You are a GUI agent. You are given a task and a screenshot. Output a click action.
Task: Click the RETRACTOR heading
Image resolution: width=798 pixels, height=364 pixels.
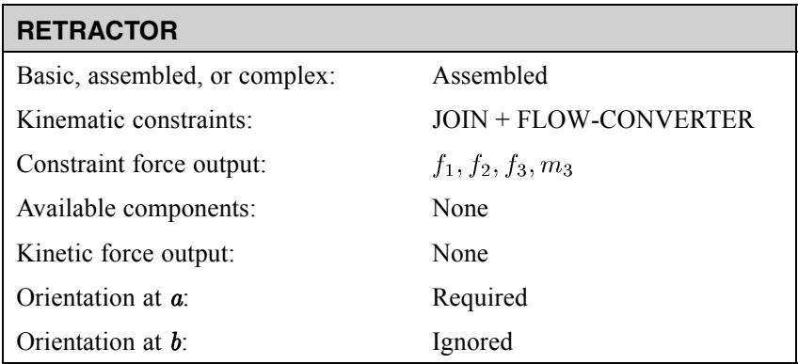coord(97,32)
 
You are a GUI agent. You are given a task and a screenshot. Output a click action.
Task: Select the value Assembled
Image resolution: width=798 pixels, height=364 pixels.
coord(489,76)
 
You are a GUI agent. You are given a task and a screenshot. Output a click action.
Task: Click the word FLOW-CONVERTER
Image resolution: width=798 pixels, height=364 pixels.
coord(635,120)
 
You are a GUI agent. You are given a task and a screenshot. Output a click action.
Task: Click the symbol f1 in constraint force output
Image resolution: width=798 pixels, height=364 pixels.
coord(443,166)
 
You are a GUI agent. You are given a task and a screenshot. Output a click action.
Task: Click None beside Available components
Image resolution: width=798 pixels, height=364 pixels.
coord(460,209)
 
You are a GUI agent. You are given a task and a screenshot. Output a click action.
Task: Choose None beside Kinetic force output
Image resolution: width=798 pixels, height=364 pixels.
coord(460,253)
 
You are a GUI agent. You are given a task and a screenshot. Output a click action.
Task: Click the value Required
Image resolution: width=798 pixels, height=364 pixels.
coord(479,297)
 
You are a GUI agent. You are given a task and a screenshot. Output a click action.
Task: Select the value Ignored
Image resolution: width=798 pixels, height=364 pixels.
coord(472,341)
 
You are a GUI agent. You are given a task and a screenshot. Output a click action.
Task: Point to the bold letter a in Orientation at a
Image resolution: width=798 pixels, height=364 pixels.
coord(176,299)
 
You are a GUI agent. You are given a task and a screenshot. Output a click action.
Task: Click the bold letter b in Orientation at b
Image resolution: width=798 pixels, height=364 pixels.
coord(177,341)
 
